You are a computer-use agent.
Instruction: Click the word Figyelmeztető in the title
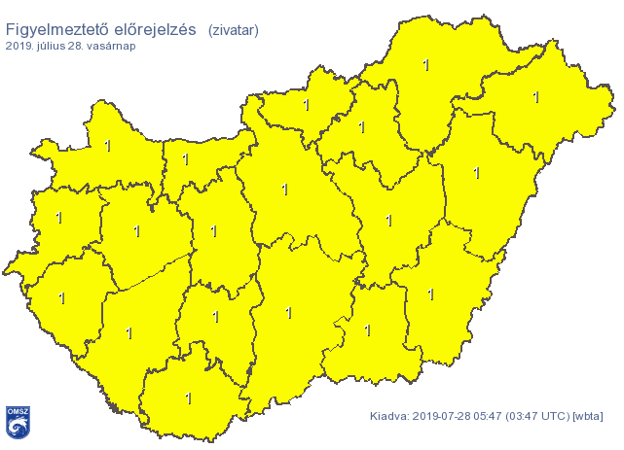(55, 30)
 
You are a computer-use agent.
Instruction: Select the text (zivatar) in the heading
(233, 31)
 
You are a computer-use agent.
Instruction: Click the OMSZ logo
(17, 422)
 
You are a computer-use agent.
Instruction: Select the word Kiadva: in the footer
(390, 418)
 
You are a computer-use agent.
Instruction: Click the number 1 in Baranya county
(188, 398)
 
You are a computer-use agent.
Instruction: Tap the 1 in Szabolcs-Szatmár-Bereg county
(535, 97)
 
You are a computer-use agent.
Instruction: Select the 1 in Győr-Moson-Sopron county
(107, 146)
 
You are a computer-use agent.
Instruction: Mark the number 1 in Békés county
(431, 293)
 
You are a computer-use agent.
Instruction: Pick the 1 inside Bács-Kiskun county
(288, 312)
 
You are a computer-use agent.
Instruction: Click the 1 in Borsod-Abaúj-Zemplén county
(425, 65)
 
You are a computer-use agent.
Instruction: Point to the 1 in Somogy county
(128, 332)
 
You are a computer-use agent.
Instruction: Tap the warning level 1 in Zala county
(61, 298)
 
